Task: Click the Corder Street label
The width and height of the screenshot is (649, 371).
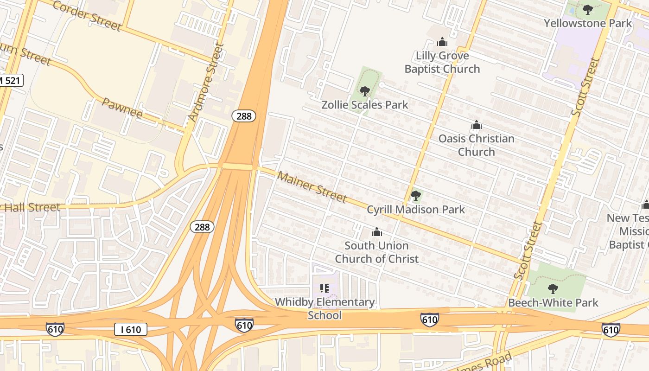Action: [x=87, y=15]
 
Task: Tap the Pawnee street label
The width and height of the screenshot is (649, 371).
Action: [x=122, y=108]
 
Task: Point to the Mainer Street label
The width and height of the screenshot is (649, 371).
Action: [x=312, y=187]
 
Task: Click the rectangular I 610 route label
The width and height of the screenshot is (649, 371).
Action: [x=131, y=330]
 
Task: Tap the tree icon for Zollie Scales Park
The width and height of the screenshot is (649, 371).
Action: [x=364, y=91]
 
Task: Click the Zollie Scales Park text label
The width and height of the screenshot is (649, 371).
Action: [x=365, y=105]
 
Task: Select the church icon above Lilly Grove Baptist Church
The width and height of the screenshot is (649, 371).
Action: [x=442, y=42]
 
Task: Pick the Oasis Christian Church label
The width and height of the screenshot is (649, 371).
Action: [x=476, y=145]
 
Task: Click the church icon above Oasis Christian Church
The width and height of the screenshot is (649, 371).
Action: [x=476, y=125]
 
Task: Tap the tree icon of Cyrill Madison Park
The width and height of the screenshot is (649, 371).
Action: [x=416, y=196]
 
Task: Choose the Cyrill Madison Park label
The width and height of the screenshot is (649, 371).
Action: [x=416, y=210]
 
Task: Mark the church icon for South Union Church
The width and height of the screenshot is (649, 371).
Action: [x=377, y=231]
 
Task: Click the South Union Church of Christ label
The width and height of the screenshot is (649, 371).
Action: [x=377, y=252]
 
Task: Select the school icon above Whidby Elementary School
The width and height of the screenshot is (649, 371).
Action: [x=324, y=288]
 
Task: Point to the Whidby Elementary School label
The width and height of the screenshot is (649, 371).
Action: [x=324, y=308]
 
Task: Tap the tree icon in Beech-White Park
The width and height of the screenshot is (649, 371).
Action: [x=553, y=289]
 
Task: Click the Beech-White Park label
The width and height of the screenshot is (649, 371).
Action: [x=553, y=303]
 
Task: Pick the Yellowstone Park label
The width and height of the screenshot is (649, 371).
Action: [x=588, y=23]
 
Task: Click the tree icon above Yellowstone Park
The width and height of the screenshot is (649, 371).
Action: [x=588, y=9]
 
